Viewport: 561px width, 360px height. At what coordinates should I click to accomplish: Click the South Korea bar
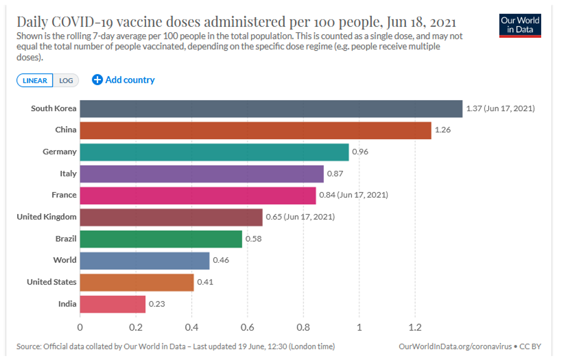pos(271,109)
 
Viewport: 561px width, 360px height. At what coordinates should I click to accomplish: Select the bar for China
pos(255,130)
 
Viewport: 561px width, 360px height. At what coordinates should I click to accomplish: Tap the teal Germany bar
pos(214,152)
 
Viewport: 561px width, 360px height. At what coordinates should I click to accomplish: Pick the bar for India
pos(112,304)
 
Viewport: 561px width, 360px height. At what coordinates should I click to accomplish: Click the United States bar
pos(137,282)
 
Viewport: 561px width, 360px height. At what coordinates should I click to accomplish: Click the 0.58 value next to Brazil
pos(254,239)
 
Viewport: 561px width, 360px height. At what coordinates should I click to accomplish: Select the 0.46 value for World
pos(221,260)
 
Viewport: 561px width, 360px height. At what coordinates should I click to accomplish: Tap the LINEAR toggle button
pos(35,80)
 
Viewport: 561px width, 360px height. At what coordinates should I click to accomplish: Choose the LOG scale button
pos(66,80)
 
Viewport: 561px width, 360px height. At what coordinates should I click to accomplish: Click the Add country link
pos(123,80)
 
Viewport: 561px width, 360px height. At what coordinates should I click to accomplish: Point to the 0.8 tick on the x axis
pos(303,328)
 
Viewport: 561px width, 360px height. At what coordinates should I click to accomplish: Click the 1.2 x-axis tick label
pos(415,328)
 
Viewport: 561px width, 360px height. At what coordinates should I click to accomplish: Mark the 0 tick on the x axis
pos(80,328)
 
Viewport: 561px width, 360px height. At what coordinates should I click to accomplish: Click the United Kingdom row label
pos(46,217)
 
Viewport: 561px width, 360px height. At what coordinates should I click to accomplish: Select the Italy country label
pos(68,173)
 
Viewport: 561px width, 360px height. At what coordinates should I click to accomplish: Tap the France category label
pos(64,195)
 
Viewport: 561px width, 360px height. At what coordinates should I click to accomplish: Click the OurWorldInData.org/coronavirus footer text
pos(455,346)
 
